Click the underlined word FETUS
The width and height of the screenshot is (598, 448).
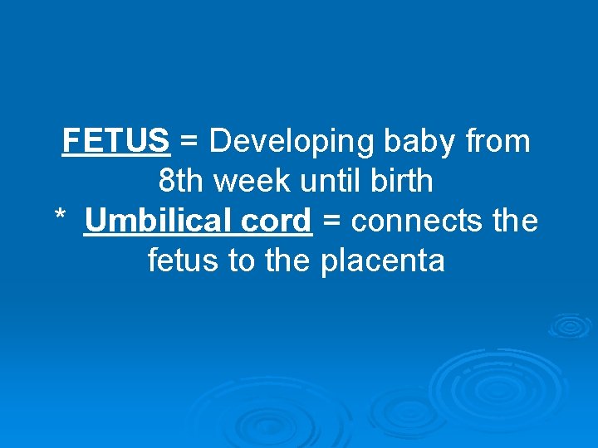tap(116, 142)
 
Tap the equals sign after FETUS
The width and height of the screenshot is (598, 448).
tap(189, 143)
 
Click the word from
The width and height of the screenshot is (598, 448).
tap(498, 142)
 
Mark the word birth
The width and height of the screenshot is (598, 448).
tap(402, 182)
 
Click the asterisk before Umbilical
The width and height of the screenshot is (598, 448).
tap(60, 217)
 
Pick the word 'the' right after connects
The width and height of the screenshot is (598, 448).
tap(515, 222)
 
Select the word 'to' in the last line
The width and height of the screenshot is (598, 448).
tap(241, 261)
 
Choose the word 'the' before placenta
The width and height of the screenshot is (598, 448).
tap(288, 261)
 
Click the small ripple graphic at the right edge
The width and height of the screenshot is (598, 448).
tap(571, 324)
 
